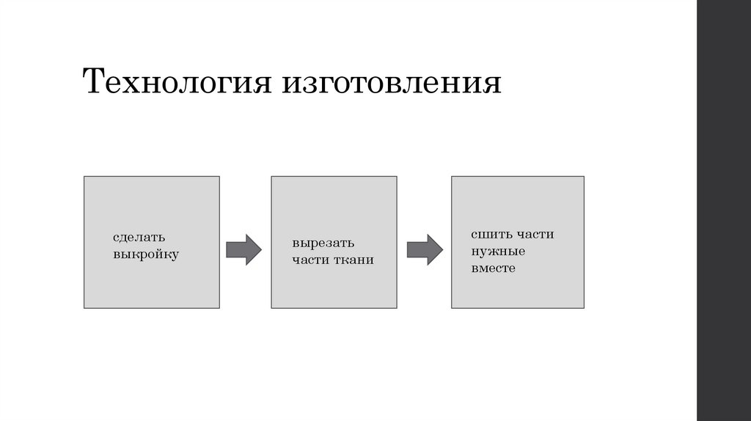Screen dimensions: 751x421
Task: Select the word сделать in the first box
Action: pyautogui.click(x=139, y=238)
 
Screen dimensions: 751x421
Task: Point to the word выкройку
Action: pyautogui.click(x=146, y=255)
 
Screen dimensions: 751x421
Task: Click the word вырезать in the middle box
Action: pyautogui.click(x=323, y=243)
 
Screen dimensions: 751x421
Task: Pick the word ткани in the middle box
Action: pyautogui.click(x=356, y=260)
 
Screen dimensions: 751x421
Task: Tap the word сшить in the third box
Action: pyautogui.click(x=490, y=235)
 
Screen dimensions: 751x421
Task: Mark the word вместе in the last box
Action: pyautogui.click(x=494, y=268)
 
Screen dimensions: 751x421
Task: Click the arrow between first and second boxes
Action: pyautogui.click(x=243, y=249)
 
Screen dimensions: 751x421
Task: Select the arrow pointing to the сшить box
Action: pyautogui.click(x=425, y=249)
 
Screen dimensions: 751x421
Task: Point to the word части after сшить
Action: pyautogui.click(x=534, y=235)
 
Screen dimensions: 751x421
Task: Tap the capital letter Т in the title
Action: pyautogui.click(x=94, y=83)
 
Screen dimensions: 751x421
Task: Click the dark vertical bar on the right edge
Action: pyautogui.click(x=724, y=210)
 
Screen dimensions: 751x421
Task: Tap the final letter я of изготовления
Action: pyautogui.click(x=494, y=84)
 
